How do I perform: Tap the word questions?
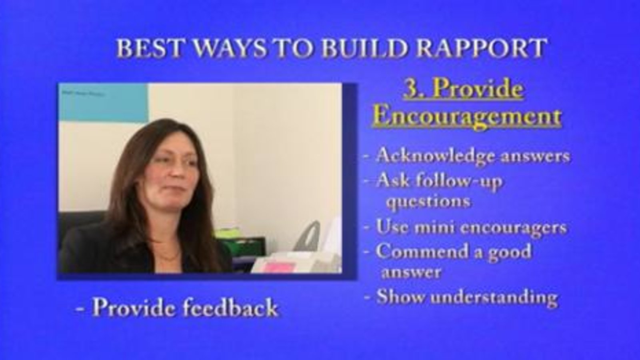428,202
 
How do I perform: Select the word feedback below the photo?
230,308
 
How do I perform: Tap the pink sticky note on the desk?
277,268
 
